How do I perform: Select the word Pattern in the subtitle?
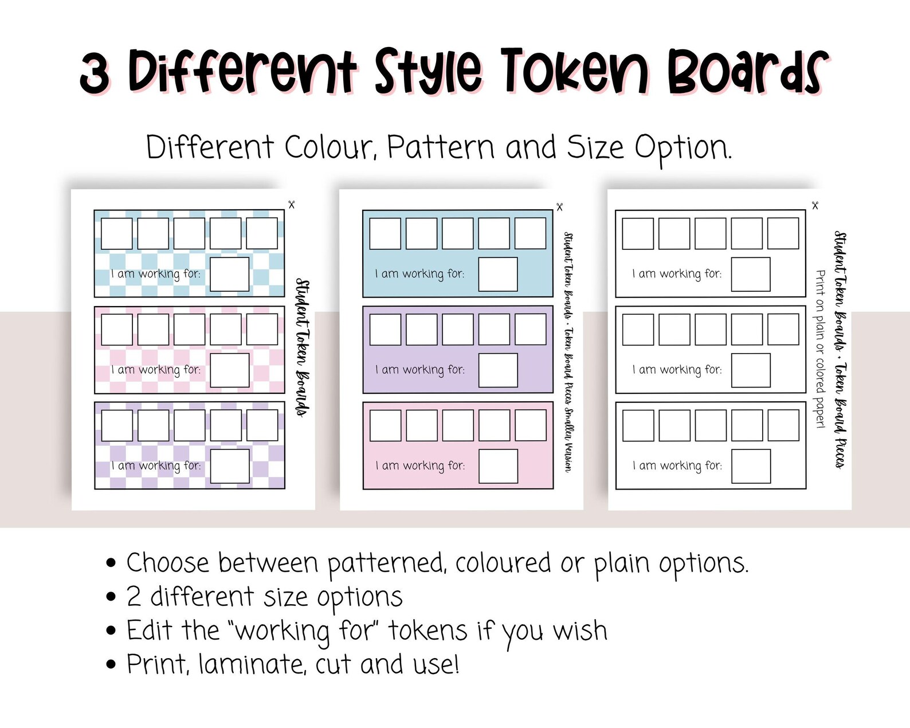coord(440,148)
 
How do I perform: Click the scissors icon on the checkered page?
coord(291,205)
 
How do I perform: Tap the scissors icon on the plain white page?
coord(815,205)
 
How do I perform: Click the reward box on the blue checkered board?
coord(229,275)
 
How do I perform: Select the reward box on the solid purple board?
coord(497,370)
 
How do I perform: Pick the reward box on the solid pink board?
coord(497,466)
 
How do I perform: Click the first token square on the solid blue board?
coord(385,233)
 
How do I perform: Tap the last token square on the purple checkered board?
coord(262,425)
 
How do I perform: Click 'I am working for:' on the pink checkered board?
coord(156,370)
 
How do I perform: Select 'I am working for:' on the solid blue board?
coord(419,274)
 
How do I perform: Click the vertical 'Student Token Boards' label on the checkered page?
coord(302,348)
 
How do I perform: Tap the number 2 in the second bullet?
coord(134,597)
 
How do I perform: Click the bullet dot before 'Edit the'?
coord(111,631)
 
